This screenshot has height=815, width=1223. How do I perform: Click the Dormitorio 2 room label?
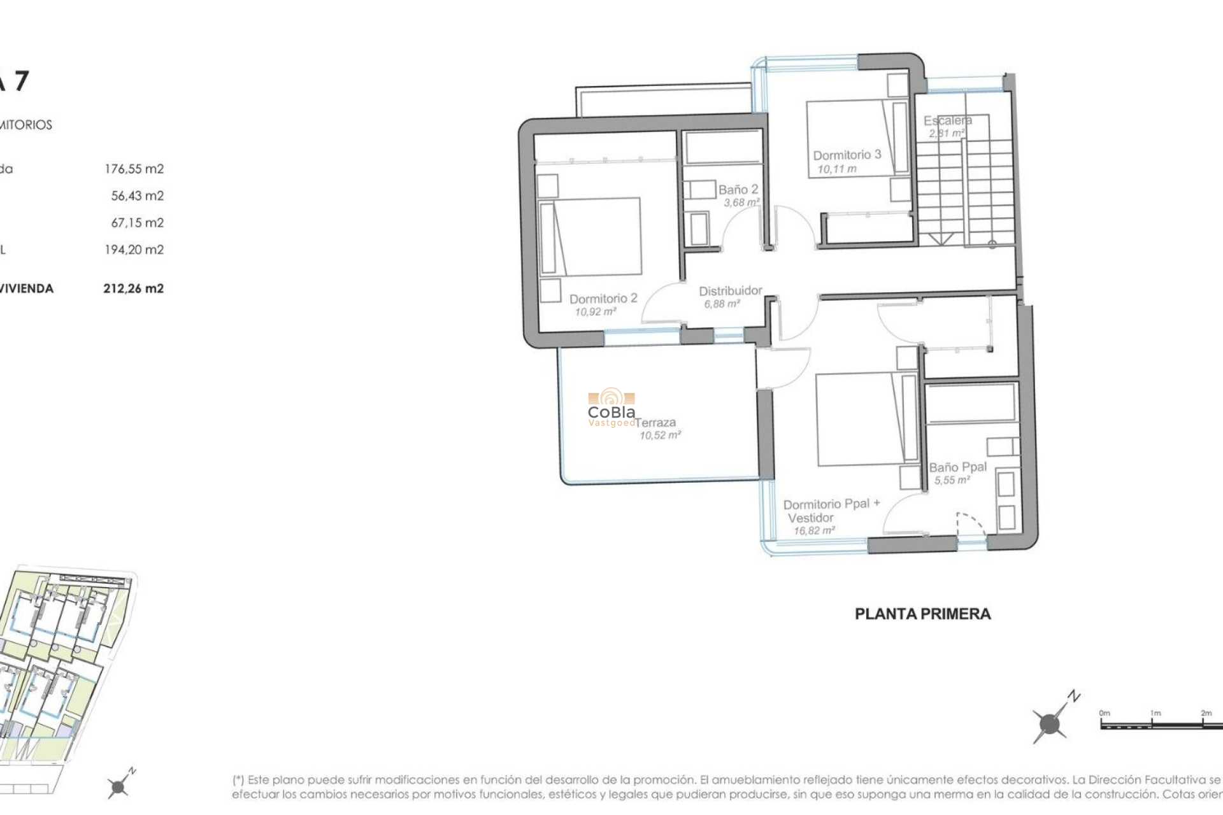[603, 299]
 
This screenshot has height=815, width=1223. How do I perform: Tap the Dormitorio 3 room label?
[847, 155]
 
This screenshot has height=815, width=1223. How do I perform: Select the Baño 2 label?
[738, 189]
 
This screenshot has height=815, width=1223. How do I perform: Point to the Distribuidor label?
[730, 291]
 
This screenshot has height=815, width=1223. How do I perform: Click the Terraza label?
[655, 422]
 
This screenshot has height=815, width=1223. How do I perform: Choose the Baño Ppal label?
[957, 467]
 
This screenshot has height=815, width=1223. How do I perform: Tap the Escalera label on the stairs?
[947, 120]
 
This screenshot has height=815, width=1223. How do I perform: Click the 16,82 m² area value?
[814, 530]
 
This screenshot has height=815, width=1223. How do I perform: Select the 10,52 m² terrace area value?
[660, 436]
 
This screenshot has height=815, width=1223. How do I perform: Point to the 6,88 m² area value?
[722, 304]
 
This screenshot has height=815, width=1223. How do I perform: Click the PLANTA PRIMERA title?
[922, 614]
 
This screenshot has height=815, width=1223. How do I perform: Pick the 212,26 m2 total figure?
[133, 288]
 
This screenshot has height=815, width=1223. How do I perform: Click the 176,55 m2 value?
[134, 169]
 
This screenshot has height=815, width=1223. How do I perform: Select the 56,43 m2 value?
[137, 195]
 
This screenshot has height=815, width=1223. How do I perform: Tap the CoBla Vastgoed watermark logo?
[611, 407]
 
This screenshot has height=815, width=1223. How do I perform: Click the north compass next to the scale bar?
[1050, 723]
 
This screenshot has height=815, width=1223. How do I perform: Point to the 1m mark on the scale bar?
[1155, 713]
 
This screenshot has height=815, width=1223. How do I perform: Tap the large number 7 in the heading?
[21, 81]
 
